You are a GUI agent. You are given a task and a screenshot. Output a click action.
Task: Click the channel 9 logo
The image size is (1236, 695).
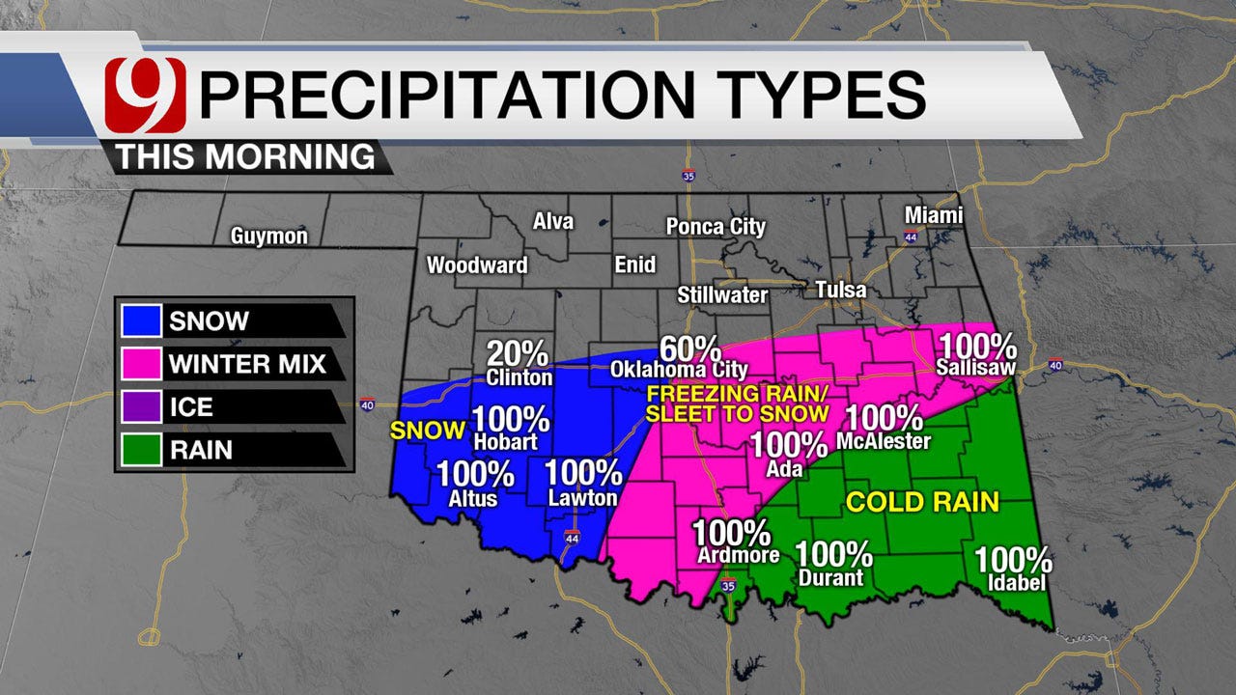click(145, 95)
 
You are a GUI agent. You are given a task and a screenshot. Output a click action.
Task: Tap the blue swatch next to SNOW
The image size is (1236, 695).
click(141, 321)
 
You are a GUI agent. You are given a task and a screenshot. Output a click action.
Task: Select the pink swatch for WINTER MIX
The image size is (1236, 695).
click(141, 364)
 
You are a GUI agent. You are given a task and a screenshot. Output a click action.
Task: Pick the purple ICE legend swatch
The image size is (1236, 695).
click(141, 406)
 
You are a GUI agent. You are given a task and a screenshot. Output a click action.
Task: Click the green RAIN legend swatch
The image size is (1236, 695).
click(141, 449)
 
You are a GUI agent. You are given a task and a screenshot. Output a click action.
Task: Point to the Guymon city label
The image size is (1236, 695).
click(269, 236)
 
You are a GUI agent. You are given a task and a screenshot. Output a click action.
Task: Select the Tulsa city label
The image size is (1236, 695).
click(841, 290)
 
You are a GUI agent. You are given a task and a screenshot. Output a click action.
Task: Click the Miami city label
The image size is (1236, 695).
click(934, 215)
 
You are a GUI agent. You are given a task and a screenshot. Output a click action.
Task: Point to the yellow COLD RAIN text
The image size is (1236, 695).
click(922, 502)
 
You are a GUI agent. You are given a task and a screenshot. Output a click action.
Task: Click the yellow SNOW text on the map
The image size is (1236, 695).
click(428, 431)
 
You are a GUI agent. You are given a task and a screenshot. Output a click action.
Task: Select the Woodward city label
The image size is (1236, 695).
click(477, 264)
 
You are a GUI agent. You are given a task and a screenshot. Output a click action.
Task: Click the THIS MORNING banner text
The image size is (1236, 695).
click(246, 156)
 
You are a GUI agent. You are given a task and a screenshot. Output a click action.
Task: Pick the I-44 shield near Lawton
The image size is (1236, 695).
click(572, 538)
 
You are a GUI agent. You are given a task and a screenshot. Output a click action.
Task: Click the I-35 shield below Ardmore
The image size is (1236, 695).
click(728, 586)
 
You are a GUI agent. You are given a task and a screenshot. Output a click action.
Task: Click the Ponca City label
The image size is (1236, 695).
click(716, 227)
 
